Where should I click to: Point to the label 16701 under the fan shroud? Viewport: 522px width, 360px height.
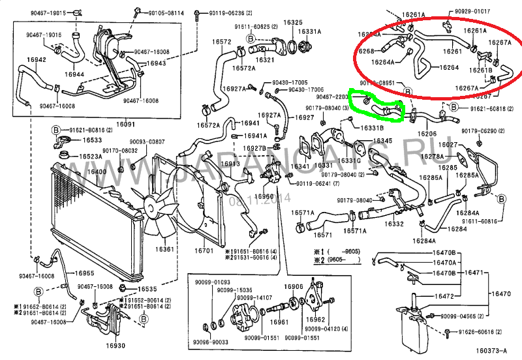pyautogui.click(x=204, y=250)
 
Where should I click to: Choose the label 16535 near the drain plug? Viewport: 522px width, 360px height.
pyautogui.click(x=147, y=289)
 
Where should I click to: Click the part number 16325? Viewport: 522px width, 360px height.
pyautogui.click(x=293, y=22)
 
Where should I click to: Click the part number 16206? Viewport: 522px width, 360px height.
pyautogui.click(x=427, y=133)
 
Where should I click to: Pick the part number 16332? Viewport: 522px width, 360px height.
pyautogui.click(x=395, y=223)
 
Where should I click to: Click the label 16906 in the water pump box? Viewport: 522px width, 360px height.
pyautogui.click(x=294, y=286)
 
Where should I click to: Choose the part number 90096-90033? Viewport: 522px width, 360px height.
pyautogui.click(x=211, y=341)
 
